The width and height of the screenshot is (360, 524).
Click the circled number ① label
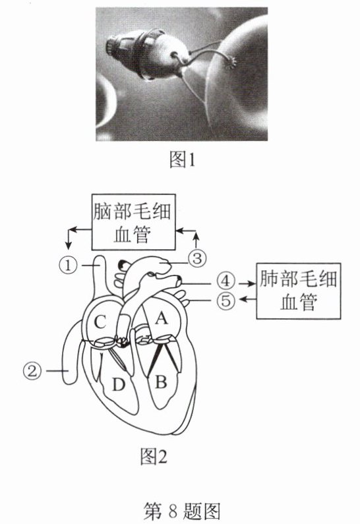[68, 266]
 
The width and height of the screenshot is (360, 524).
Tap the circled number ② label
[32, 371]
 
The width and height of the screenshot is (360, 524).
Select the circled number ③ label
[197, 258]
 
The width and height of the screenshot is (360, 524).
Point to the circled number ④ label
[225, 281]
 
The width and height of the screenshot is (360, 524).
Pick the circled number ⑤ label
[225, 300]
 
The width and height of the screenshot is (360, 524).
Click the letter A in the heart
[161, 318]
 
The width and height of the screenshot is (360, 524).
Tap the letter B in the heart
[161, 381]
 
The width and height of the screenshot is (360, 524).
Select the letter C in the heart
[100, 322]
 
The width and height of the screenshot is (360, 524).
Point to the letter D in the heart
[118, 385]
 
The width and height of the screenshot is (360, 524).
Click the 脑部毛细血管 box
[133, 222]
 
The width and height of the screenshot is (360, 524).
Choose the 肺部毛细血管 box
[299, 291]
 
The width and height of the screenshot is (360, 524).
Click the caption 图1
[182, 160]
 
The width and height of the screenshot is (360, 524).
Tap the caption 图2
[154, 456]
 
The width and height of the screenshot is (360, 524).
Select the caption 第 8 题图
[182, 510]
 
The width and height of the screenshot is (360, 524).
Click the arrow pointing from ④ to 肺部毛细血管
[247, 283]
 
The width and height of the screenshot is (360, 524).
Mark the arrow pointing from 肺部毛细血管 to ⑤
[248, 299]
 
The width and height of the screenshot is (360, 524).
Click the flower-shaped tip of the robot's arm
[231, 62]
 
